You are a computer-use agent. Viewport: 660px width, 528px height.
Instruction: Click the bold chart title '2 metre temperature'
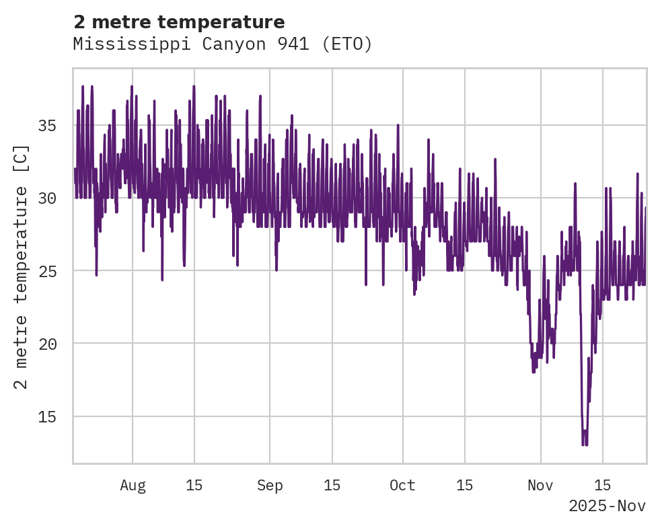(x=179, y=22)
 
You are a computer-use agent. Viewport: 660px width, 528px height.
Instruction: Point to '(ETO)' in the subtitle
(x=346, y=44)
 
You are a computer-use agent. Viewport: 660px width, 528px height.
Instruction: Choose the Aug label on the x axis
(x=133, y=486)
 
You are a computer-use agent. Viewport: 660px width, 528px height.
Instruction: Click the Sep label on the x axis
(x=270, y=486)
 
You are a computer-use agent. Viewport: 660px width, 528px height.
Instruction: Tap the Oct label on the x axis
(x=402, y=486)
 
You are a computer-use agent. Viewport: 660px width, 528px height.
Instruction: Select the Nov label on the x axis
(x=540, y=486)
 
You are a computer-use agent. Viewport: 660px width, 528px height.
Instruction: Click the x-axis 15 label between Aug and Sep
(x=194, y=486)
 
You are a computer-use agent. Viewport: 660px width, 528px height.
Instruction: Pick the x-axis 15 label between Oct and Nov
(x=464, y=486)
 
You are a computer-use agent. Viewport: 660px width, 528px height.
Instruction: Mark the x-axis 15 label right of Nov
(x=602, y=486)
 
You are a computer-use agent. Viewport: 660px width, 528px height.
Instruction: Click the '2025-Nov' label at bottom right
(x=607, y=506)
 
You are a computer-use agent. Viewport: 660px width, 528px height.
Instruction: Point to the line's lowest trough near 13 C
(x=584, y=443)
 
